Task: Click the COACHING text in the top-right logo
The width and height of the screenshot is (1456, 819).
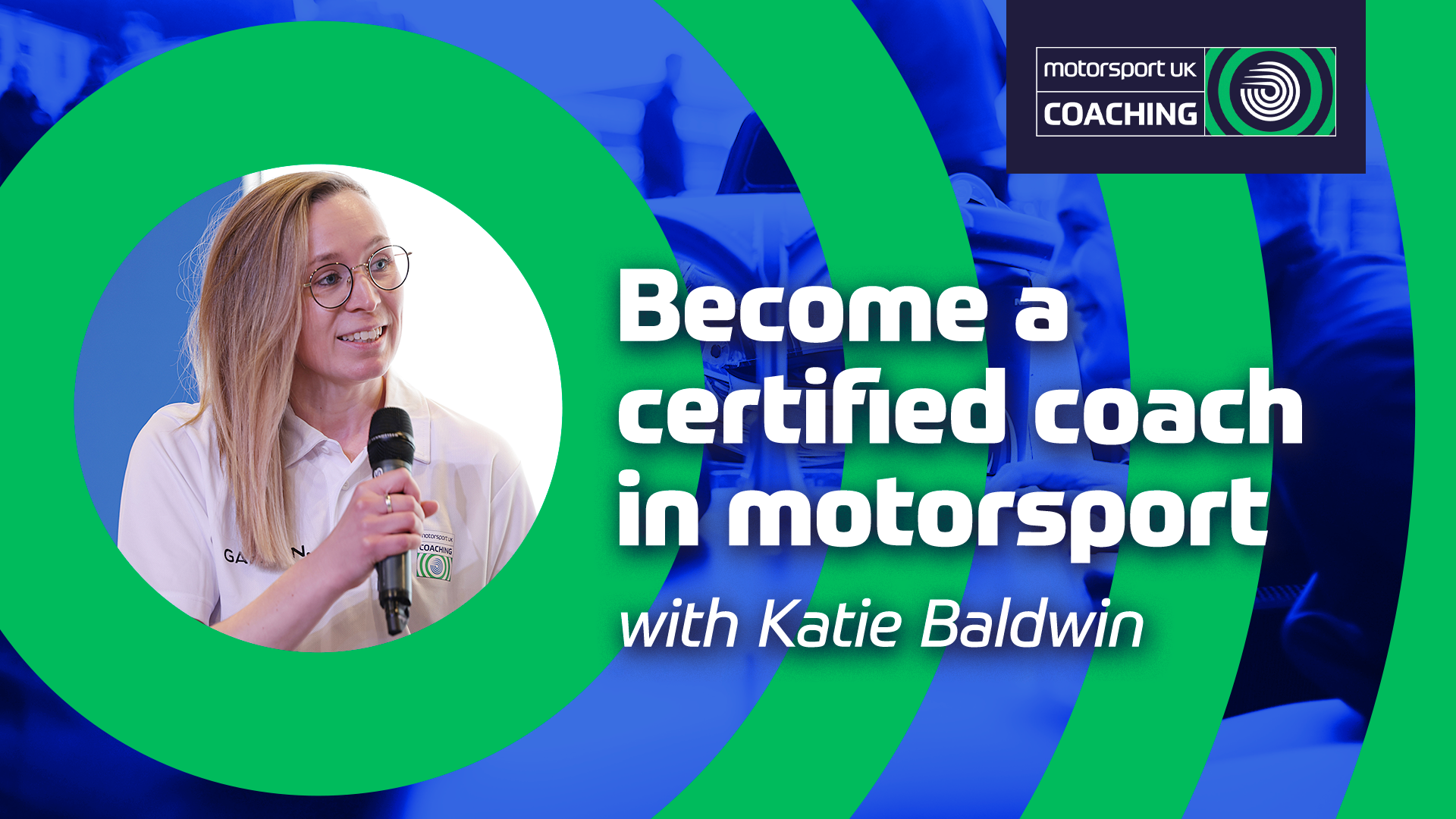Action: click(1120, 115)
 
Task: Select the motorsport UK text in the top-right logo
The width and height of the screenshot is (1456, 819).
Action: click(1120, 70)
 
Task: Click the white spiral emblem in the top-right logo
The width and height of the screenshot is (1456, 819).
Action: click(1270, 92)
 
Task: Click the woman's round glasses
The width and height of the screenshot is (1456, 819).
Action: click(356, 277)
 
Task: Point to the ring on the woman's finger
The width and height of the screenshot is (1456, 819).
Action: click(388, 503)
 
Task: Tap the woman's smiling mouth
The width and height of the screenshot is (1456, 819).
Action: click(362, 334)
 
